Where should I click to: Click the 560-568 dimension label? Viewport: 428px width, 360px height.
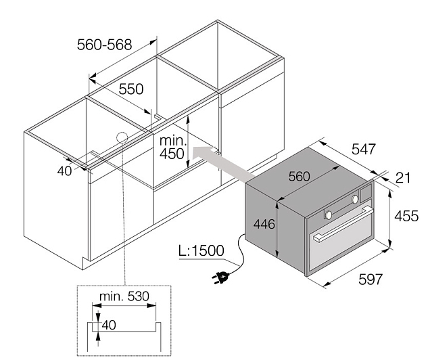(104, 45)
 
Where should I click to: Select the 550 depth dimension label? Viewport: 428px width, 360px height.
(131, 89)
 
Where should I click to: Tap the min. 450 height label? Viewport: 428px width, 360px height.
(173, 148)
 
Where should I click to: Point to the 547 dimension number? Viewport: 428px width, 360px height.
(364, 149)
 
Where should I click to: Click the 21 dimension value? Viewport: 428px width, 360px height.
(403, 178)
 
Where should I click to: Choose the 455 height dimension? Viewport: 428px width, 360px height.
(406, 216)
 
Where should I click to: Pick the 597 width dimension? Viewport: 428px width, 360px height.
(371, 279)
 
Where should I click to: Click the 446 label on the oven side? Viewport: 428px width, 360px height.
(264, 225)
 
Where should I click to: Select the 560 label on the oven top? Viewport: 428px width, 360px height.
(299, 177)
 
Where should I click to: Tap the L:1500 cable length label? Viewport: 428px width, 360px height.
(201, 250)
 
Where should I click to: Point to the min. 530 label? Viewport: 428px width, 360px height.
(124, 296)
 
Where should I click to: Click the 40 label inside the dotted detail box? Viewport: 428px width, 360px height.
(109, 325)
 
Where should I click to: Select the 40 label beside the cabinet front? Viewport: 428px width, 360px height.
(64, 171)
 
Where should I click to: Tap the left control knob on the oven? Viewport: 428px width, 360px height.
(329, 215)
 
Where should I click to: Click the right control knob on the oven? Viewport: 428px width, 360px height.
(355, 199)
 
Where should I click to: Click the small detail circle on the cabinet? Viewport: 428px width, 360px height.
(122, 137)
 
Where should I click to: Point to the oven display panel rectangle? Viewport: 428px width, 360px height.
(366, 193)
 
